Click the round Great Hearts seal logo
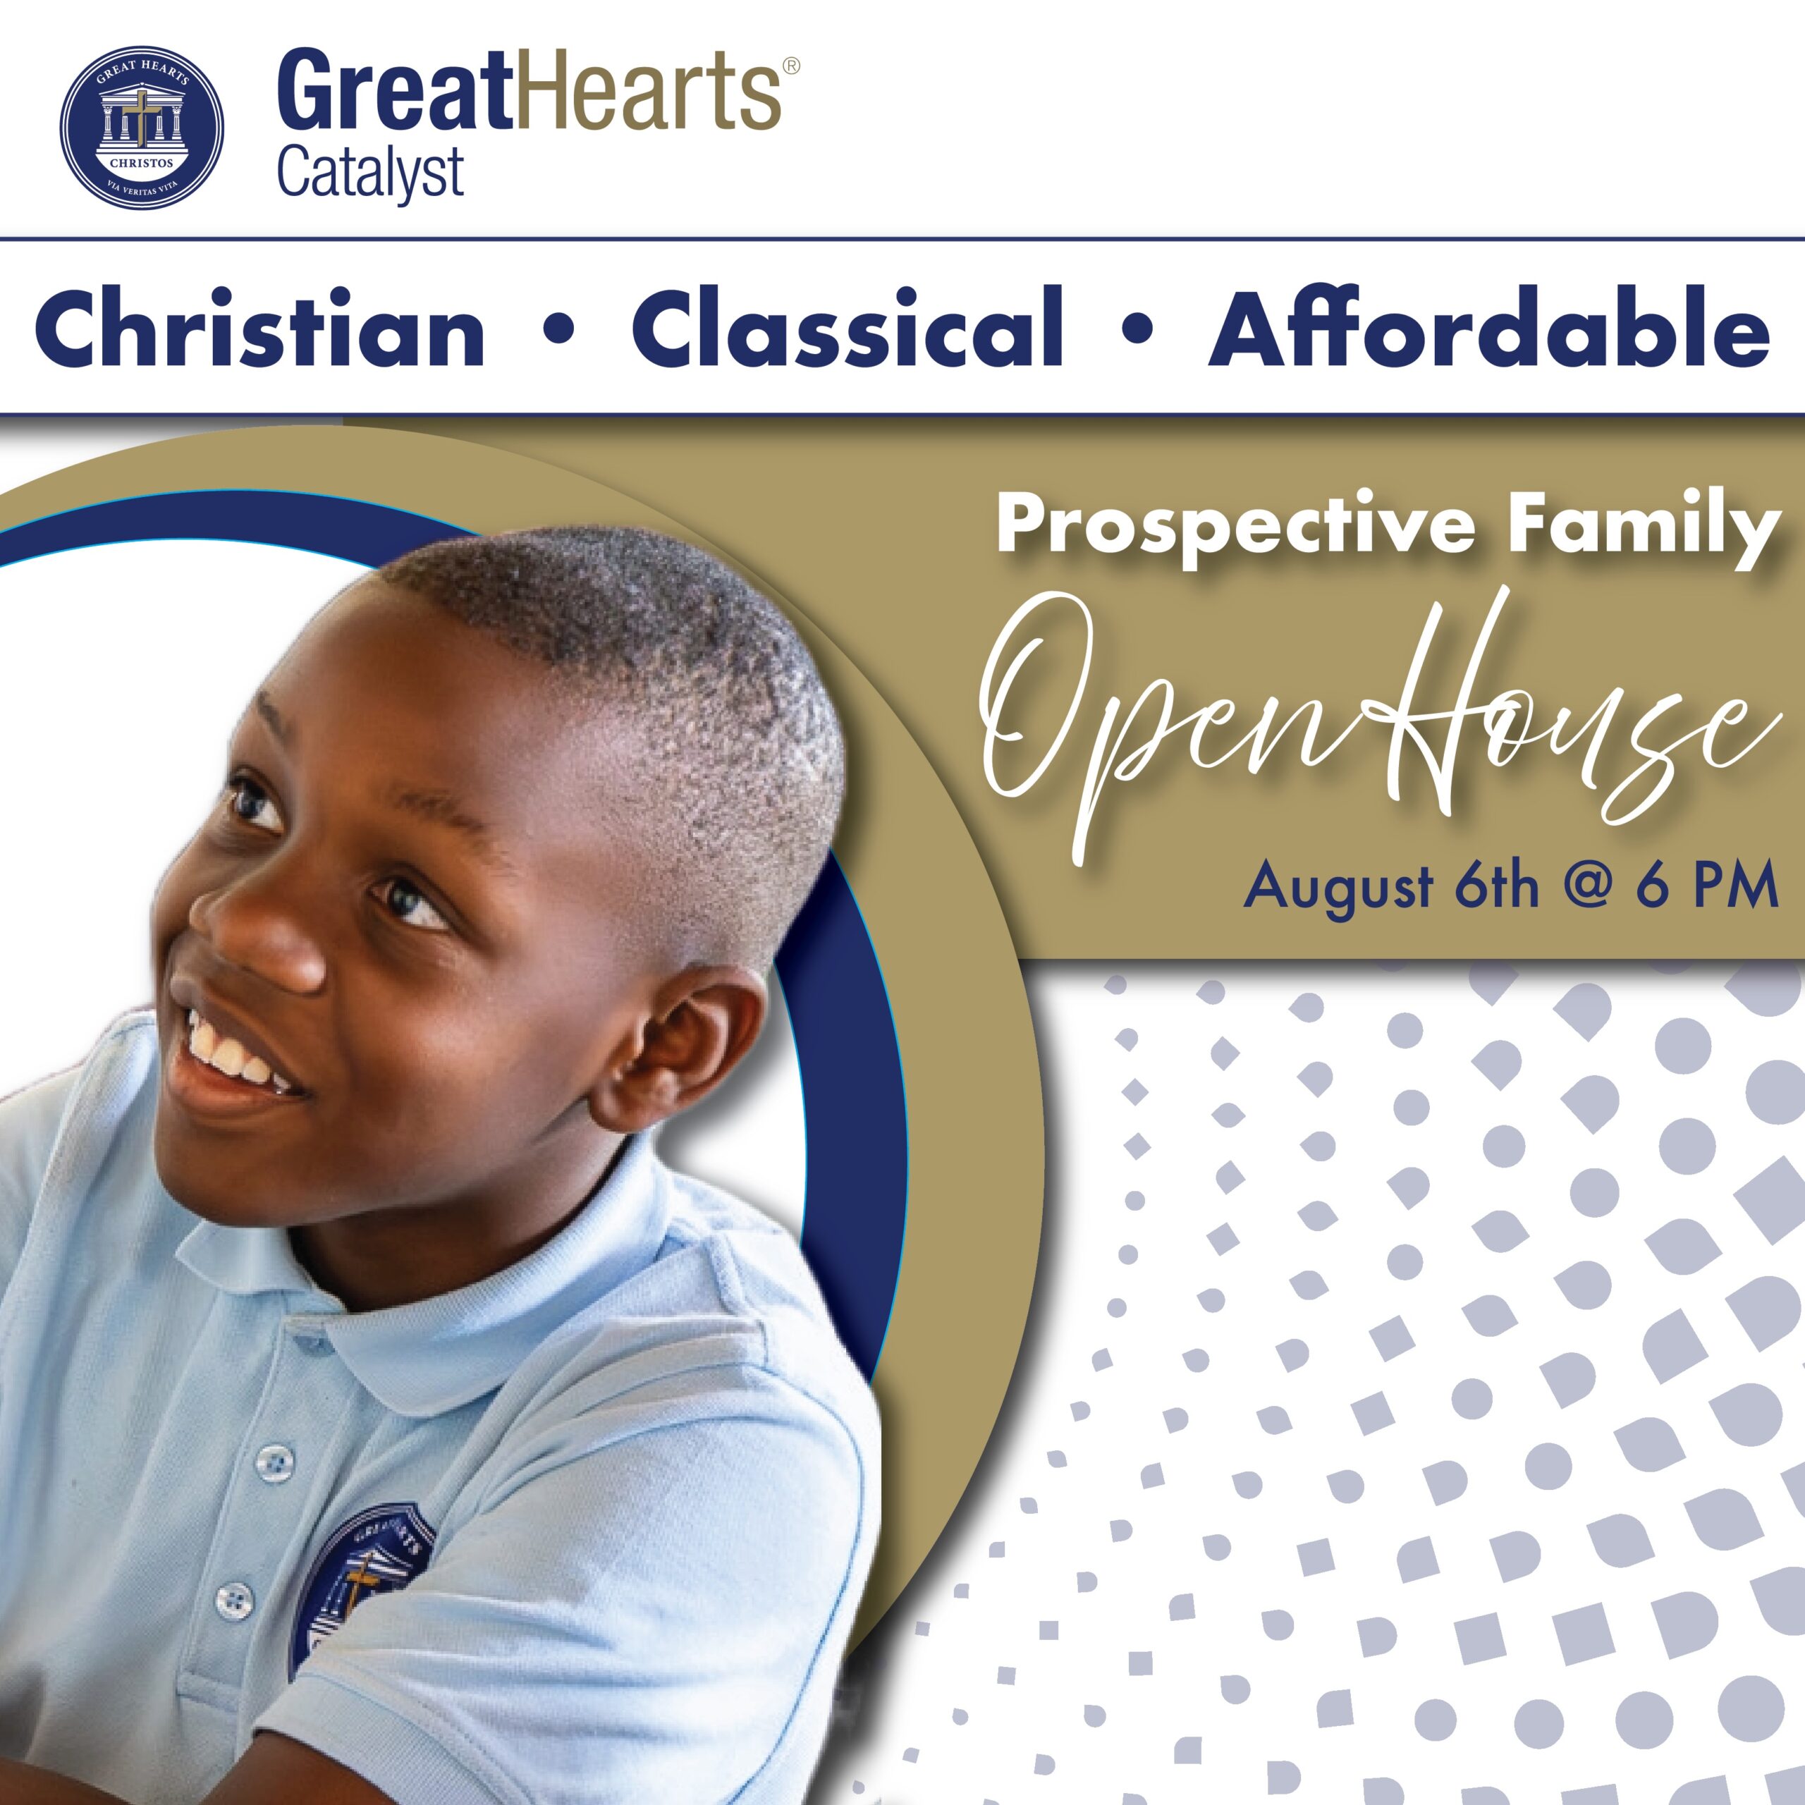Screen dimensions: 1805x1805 141,127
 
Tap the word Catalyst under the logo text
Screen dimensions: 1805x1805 370,173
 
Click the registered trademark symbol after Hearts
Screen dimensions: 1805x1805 790,66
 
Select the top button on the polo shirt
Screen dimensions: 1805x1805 274,1463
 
